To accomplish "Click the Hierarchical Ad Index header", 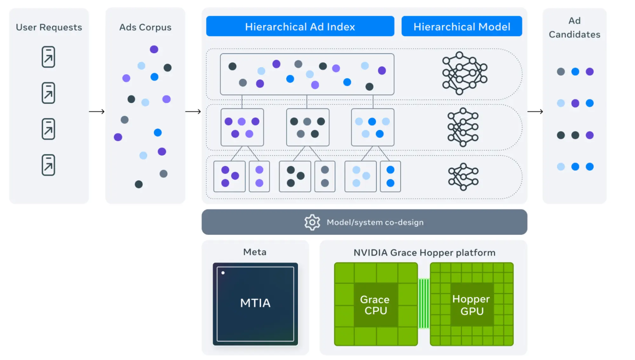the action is (x=300, y=26).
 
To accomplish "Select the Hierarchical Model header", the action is (x=462, y=26).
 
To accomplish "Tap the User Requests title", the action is (x=49, y=27).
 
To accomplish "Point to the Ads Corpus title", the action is (x=145, y=27).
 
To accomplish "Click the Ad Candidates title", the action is (x=574, y=28).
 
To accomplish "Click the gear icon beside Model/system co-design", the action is (x=312, y=222).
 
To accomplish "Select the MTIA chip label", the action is (x=255, y=303).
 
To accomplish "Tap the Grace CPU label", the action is (x=375, y=305).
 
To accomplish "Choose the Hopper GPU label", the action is (x=471, y=305).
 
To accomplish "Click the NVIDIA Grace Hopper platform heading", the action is (x=424, y=253).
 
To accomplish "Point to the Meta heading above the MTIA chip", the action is (x=255, y=252).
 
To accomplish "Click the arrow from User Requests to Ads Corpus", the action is (x=97, y=111).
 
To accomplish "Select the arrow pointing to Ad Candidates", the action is (x=535, y=111).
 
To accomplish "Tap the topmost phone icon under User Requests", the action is (x=48, y=57).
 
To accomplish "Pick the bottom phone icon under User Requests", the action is (x=48, y=165).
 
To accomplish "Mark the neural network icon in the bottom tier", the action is (x=463, y=177).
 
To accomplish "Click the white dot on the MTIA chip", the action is (x=223, y=273).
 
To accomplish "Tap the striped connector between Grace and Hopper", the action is (x=424, y=303).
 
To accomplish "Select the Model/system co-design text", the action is (x=375, y=222).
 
